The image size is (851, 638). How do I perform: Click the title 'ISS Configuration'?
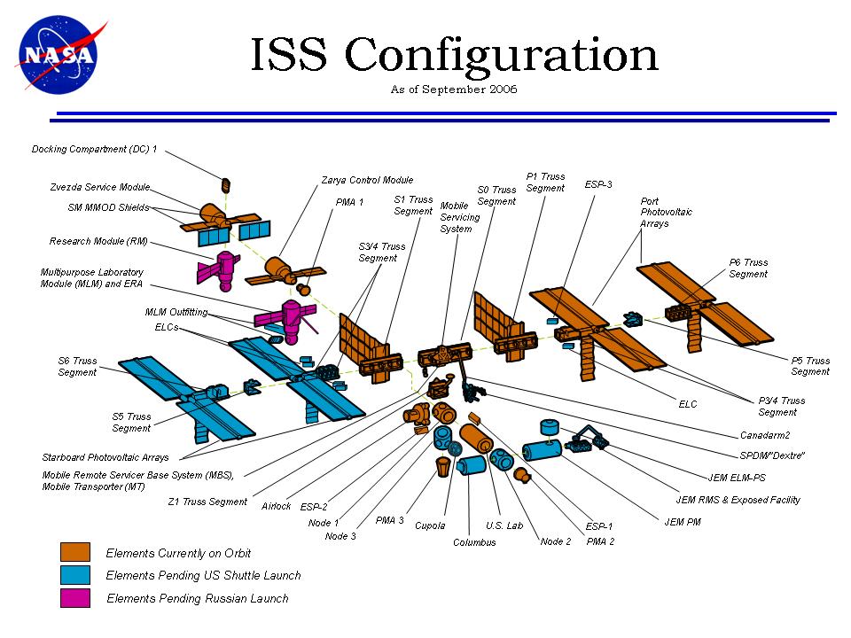point(453,55)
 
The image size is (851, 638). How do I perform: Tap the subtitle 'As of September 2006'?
point(453,89)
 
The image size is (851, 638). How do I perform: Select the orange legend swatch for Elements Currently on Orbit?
point(75,552)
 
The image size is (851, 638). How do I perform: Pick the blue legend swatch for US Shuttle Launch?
point(75,575)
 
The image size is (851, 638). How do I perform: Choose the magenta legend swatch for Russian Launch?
point(75,598)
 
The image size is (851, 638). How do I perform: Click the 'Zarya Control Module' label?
point(366,180)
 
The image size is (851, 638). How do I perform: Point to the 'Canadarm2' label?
point(765,435)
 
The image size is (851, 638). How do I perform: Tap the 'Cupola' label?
point(430,525)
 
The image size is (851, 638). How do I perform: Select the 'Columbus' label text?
point(474,542)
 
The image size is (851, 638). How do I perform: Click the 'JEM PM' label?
point(683,521)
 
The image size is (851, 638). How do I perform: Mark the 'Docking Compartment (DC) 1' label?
point(94,149)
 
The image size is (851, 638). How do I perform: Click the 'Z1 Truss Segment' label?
point(207,502)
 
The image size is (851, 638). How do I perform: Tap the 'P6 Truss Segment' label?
point(748,268)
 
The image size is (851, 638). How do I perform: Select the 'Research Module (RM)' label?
point(99,241)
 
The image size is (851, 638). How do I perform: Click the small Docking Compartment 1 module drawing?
point(226,184)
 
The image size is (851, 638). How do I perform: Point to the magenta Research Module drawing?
point(227,268)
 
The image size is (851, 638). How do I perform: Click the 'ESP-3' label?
point(598,184)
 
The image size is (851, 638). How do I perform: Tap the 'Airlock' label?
point(276,506)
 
